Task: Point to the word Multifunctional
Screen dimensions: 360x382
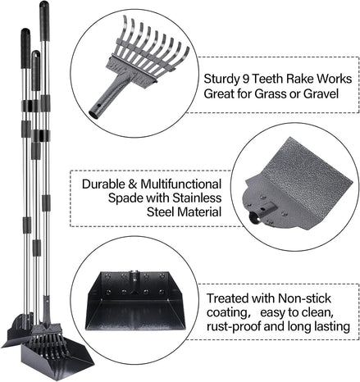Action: pyautogui.click(x=180, y=184)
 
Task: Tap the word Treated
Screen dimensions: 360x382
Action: pyautogui.click(x=227, y=298)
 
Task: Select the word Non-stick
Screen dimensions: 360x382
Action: pyautogui.click(x=304, y=298)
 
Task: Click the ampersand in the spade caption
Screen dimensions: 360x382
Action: pyautogui.click(x=132, y=184)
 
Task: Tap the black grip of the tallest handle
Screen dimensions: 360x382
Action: pyautogui.click(x=44, y=21)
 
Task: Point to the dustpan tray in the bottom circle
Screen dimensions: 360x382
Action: pyautogui.click(x=135, y=300)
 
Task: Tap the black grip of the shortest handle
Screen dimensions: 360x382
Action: pyautogui.click(x=36, y=70)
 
